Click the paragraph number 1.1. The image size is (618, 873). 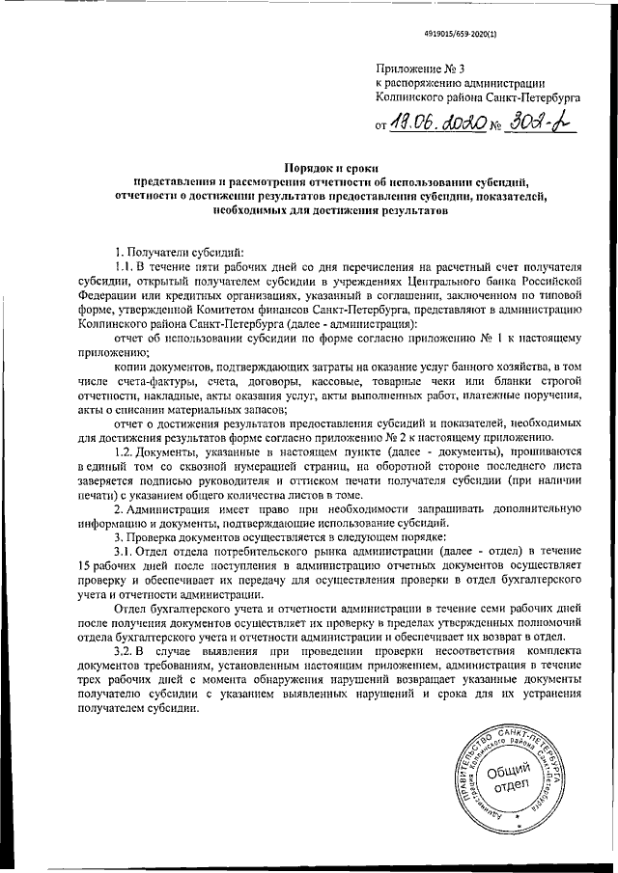coord(121,264)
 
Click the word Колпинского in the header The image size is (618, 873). coord(407,96)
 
